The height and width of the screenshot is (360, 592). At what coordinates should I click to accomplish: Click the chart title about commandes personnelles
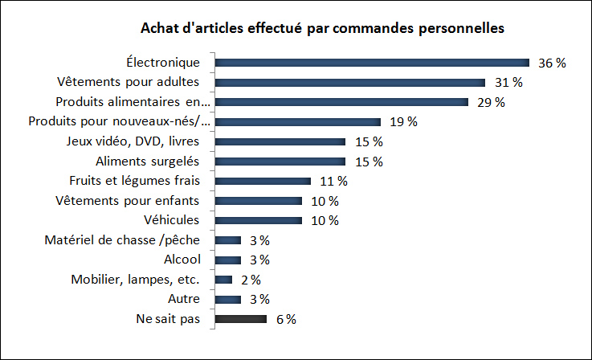click(x=322, y=29)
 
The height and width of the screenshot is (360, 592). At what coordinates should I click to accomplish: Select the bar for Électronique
click(x=372, y=63)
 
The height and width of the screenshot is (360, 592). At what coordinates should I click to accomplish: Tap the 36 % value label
click(x=552, y=63)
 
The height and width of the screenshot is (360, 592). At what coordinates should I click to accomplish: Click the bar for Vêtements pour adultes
click(x=350, y=82)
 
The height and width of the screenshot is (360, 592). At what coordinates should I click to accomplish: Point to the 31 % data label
click(x=508, y=82)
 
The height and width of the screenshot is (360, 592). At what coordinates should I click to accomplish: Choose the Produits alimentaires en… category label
click(x=133, y=102)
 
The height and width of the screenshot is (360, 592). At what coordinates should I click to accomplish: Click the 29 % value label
click(x=490, y=102)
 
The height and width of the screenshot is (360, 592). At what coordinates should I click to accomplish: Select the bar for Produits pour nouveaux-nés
click(x=297, y=122)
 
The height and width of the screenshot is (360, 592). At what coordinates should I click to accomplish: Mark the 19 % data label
click(x=402, y=122)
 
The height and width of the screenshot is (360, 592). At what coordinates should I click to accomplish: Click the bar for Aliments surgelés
click(x=280, y=162)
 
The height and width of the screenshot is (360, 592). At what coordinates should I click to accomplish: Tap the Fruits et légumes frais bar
click(x=263, y=181)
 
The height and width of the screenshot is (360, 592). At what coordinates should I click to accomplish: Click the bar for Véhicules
click(x=259, y=220)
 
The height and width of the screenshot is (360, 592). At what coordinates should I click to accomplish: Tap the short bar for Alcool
click(x=228, y=260)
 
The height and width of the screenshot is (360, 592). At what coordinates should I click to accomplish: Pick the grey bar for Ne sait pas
click(x=241, y=319)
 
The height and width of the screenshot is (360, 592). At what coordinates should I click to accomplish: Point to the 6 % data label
click(x=285, y=319)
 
